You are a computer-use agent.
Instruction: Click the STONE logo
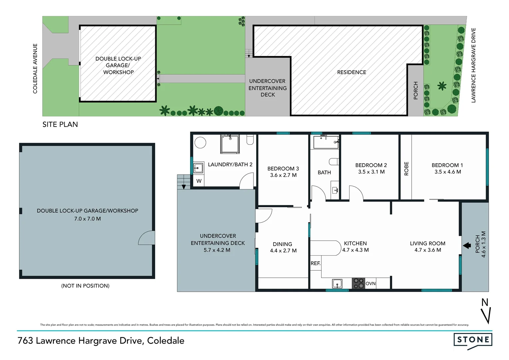click(x=473, y=340)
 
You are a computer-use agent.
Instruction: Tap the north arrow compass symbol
click(x=486, y=312)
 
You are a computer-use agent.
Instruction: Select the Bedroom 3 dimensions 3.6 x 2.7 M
click(x=283, y=175)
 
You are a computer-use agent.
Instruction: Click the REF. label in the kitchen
click(x=315, y=263)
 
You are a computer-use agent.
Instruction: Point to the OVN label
click(x=370, y=284)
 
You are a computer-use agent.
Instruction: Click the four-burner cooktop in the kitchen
click(x=358, y=283)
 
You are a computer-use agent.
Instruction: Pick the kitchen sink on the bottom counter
click(x=337, y=284)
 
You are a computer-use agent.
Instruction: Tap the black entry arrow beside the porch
click(x=467, y=246)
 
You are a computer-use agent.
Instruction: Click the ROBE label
click(x=406, y=169)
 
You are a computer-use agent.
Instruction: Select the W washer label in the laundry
click(x=199, y=181)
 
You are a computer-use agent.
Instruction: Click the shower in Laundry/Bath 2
click(x=230, y=144)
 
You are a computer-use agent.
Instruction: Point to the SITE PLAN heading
click(x=60, y=125)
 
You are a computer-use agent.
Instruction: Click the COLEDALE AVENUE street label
click(x=35, y=69)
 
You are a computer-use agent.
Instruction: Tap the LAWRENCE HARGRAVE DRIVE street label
click(x=473, y=65)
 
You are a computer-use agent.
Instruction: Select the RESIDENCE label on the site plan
click(x=351, y=72)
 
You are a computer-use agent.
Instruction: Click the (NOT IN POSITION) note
click(x=85, y=286)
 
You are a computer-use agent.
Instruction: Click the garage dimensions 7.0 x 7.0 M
click(x=87, y=219)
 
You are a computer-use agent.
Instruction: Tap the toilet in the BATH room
click(x=334, y=162)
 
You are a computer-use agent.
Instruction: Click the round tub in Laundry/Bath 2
click(x=201, y=142)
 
